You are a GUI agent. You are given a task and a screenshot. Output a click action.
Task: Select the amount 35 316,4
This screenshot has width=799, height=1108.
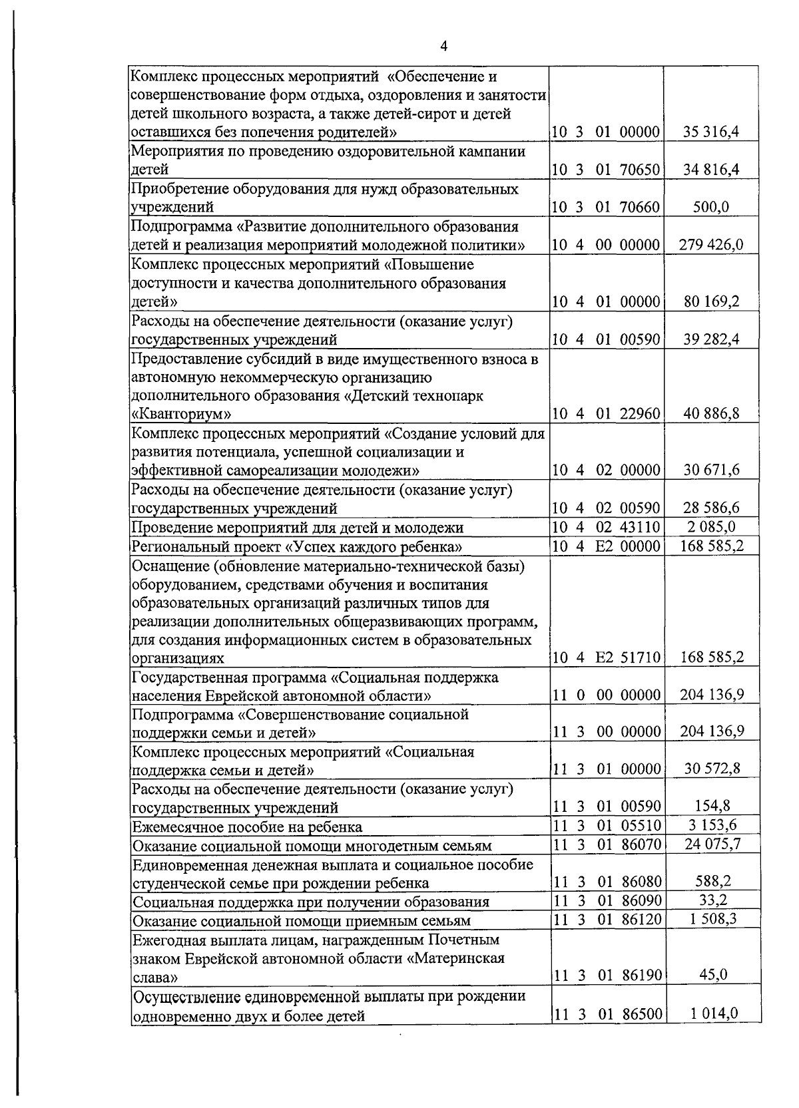[x=710, y=132]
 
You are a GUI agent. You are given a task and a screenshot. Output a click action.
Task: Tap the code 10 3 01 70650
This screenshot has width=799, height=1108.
[x=605, y=170]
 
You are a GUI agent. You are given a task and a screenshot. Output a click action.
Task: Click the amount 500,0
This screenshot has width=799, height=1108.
[x=710, y=207]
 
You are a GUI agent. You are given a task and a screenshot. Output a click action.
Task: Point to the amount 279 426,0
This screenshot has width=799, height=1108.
[x=710, y=245]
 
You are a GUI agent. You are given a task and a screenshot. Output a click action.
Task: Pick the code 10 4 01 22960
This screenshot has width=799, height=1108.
[x=605, y=414]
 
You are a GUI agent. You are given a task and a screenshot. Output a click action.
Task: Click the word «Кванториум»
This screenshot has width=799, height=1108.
[x=182, y=415]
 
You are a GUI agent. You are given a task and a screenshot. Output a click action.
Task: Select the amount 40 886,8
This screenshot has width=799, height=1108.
[x=710, y=414]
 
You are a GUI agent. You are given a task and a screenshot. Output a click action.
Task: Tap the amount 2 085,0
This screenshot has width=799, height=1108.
[x=710, y=527]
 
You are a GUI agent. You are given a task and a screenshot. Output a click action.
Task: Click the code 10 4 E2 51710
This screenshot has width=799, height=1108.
[x=605, y=658]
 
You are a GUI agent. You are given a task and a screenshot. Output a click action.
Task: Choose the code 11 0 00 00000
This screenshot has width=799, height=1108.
[x=605, y=695]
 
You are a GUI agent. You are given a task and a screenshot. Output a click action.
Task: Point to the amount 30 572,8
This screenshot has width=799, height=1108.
[x=712, y=769]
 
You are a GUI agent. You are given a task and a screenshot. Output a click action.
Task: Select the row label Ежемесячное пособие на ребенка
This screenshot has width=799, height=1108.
[x=247, y=827]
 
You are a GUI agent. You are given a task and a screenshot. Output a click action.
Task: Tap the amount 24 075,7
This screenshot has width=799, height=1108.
[x=712, y=844]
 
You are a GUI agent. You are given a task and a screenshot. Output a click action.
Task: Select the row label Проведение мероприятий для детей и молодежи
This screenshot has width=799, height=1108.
[x=297, y=528]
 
